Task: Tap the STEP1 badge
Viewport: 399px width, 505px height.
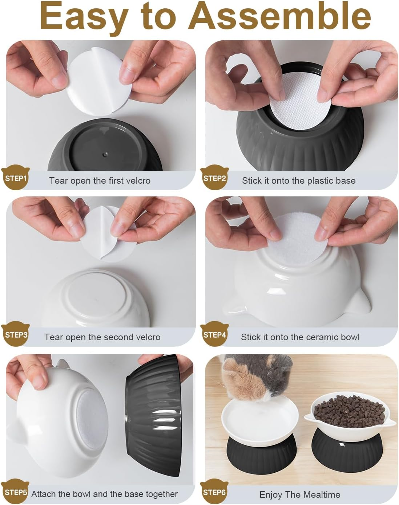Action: pos(15,178)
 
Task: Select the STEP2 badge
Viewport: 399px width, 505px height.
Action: pos(214,178)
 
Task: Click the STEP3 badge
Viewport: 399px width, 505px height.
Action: pos(16,334)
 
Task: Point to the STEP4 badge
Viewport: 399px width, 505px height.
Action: pos(214,334)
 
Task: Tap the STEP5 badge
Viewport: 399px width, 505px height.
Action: pos(15,492)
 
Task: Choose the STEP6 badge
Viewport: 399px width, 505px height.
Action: pos(214,492)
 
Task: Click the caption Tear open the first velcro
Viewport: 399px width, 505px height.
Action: pos(100,181)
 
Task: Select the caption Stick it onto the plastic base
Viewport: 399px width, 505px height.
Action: pos(298,181)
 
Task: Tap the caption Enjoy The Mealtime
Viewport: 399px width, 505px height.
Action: pos(299,494)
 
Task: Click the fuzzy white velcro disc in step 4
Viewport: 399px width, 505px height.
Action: pos(299,240)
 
